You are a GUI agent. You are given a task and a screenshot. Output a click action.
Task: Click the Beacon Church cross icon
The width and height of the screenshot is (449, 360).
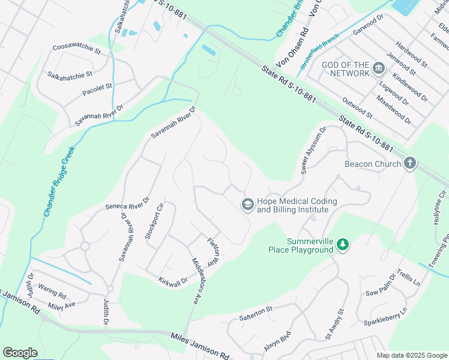pos(410,164)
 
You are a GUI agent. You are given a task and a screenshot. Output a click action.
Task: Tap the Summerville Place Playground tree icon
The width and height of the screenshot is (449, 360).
pos(342,244)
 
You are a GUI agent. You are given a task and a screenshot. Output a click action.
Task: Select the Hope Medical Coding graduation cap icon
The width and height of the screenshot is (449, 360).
pos(247,205)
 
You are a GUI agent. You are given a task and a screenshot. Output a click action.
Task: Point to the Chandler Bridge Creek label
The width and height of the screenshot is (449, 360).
pos(58,181)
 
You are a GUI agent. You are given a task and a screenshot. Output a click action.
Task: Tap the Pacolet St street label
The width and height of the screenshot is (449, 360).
pos(97,91)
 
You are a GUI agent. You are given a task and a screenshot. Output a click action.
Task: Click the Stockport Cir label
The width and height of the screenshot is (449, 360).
pos(154,221)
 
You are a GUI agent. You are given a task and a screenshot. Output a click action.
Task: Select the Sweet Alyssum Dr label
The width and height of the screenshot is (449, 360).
pos(313,150)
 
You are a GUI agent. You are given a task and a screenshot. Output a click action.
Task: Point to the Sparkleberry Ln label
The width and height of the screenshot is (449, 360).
pos(385,317)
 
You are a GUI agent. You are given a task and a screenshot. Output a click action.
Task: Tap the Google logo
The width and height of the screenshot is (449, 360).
pos(20,353)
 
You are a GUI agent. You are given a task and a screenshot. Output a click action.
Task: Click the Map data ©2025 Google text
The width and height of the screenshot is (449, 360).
pos(411,355)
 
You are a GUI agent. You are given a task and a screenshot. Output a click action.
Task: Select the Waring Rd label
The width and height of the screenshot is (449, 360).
pos(52,292)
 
